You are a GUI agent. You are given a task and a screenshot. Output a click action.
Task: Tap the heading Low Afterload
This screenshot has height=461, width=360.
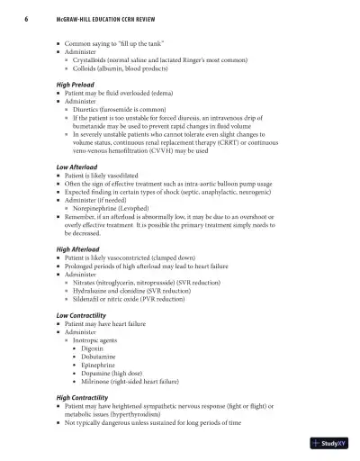click(76, 167)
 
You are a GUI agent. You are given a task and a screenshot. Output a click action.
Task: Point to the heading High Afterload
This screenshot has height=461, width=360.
click(77, 249)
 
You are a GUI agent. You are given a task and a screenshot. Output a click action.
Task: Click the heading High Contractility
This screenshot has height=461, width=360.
click(84, 396)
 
